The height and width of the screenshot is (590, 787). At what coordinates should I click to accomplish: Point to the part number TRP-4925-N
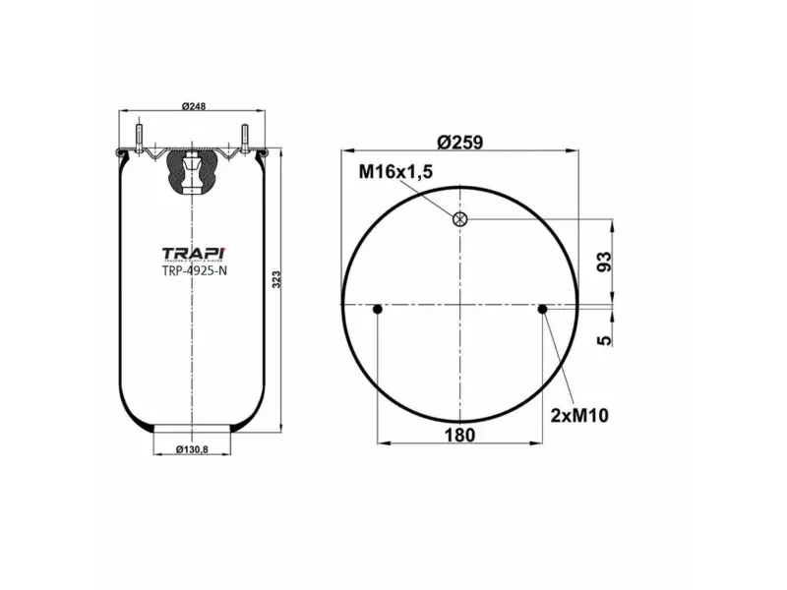pos(193,273)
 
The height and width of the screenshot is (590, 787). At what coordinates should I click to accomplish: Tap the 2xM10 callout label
pos(579,415)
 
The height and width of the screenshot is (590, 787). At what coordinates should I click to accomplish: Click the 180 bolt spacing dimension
pos(460,435)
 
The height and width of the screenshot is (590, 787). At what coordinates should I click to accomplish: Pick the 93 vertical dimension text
pos(605,263)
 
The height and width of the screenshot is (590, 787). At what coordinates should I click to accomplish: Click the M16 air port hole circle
pos(459,218)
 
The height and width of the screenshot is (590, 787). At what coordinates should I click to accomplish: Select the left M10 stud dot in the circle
pos(378,310)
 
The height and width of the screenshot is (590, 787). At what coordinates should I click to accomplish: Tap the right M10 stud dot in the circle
pos(542,310)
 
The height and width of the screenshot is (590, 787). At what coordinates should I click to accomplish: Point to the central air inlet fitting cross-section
pos(191,173)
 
